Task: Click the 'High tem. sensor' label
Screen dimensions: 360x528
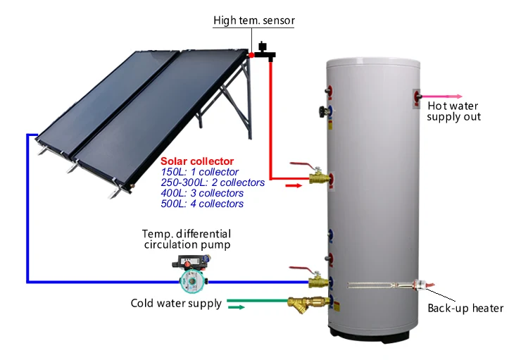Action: point(253,21)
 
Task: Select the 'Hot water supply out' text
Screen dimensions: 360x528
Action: point(454,111)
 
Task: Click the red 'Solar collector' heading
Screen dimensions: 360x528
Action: point(197,161)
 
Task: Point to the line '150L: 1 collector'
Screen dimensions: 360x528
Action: point(199,172)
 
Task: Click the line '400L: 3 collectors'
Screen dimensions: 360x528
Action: point(202,193)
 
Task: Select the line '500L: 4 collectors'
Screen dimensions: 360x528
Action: point(202,204)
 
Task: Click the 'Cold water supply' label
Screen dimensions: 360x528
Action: point(176,304)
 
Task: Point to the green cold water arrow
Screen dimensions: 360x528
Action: point(237,307)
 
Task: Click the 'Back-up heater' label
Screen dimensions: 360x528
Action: point(465,308)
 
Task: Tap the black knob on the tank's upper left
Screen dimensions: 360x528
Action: point(325,111)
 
